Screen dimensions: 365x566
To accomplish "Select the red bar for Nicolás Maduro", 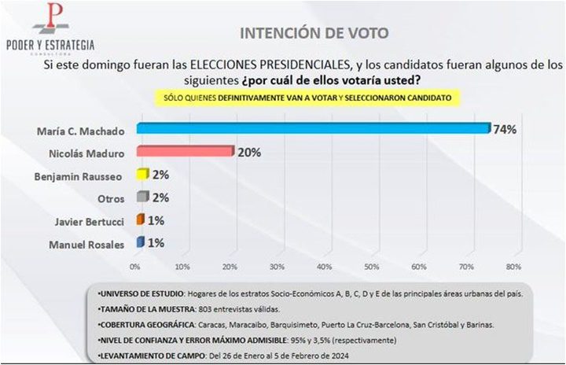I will click(186, 152).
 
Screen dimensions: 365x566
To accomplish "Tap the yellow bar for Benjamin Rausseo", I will click(142, 175).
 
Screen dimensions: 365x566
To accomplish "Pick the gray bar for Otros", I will click(142, 197).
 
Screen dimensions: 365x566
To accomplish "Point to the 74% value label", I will click(504, 130).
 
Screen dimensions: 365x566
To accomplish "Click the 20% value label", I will click(249, 152).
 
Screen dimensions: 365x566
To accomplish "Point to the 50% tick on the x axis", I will click(372, 266).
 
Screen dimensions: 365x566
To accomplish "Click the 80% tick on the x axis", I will click(513, 266).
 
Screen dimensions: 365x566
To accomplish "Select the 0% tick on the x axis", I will click(135, 266).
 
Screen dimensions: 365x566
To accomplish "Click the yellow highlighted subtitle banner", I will click(307, 97).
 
